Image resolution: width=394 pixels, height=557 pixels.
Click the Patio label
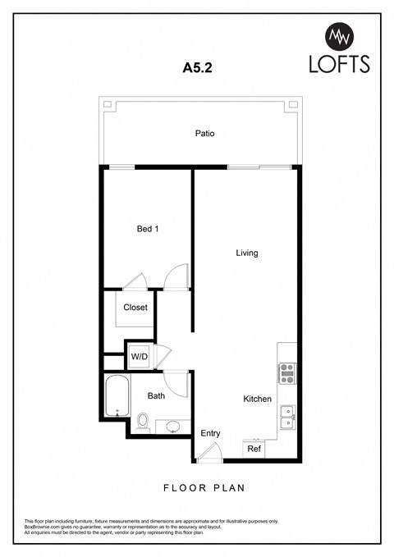tap(204, 133)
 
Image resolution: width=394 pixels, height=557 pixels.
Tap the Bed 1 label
tap(148, 230)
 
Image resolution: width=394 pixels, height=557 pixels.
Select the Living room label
tap(246, 253)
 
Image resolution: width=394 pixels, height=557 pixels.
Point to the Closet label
tap(135, 308)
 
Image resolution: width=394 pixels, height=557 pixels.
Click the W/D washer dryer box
tap(138, 357)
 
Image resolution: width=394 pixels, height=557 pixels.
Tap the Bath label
tap(156, 395)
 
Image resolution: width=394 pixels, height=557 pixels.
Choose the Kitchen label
tap(257, 399)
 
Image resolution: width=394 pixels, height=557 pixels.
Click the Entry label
tap(210, 433)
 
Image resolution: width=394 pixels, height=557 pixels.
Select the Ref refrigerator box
tap(254, 450)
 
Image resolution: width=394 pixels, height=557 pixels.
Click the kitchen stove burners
tap(286, 373)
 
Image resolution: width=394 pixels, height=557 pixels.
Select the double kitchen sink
tap(287, 417)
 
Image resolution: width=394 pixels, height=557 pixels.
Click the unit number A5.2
tap(196, 69)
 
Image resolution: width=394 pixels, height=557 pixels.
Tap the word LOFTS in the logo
tap(338, 63)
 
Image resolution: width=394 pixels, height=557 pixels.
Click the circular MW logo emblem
tap(339, 35)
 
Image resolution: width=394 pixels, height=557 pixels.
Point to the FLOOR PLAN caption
tap(204, 487)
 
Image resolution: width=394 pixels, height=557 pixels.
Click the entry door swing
tap(210, 451)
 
